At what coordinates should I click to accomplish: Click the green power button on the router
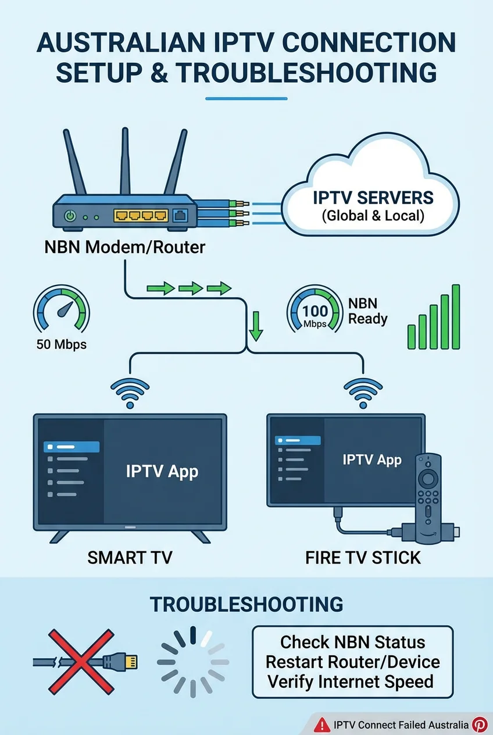[x=70, y=216]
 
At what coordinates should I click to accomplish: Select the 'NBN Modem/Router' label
[x=125, y=247]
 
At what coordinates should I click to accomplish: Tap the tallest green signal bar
[x=456, y=317]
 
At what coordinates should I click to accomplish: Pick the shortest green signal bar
[x=412, y=337]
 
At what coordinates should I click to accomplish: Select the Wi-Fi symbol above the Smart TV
[x=130, y=393]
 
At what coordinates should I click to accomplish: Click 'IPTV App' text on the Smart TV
[x=162, y=470]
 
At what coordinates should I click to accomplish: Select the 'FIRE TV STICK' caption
[x=363, y=558]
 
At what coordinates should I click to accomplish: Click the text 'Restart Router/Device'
[x=352, y=662]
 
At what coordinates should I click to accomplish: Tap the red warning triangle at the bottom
[x=321, y=725]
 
